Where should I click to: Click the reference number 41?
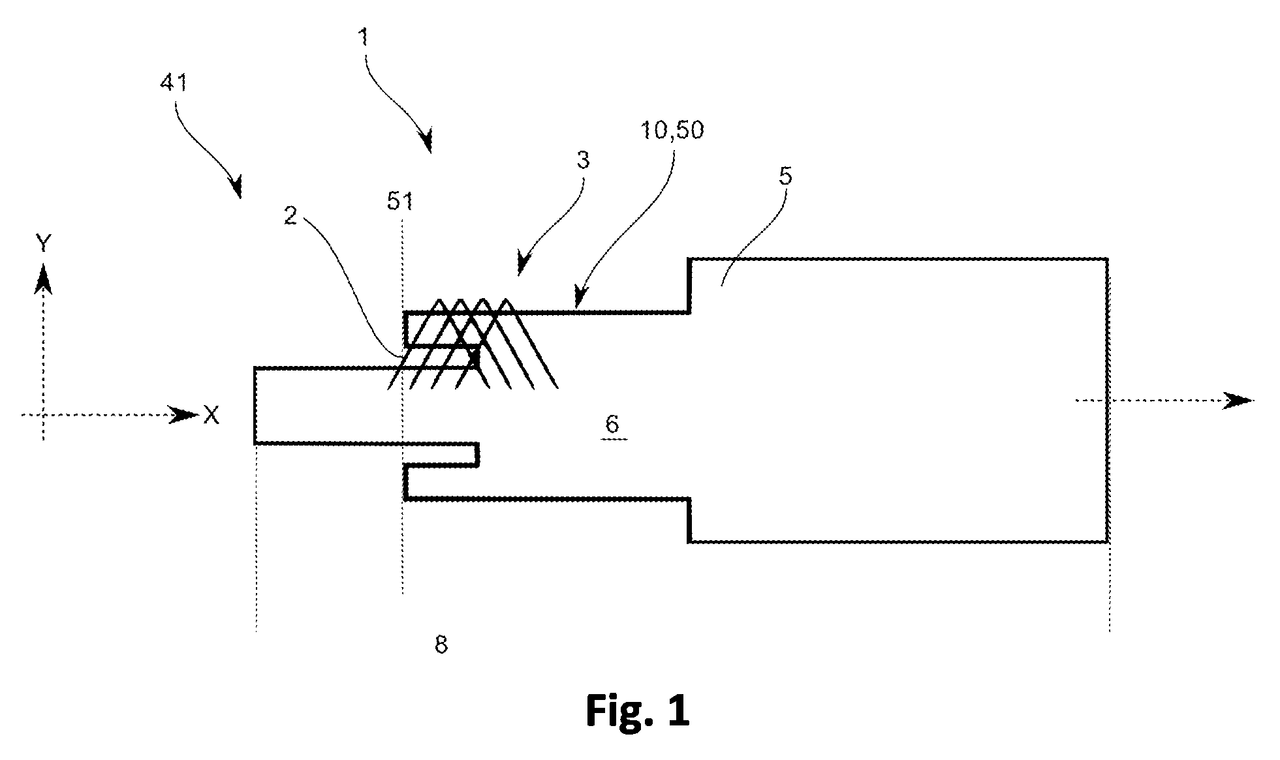point(172,85)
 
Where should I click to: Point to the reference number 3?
point(583,160)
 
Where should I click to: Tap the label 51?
point(399,202)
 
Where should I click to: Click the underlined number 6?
point(612,425)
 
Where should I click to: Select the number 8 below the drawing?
point(441,645)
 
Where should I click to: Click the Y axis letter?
point(43,244)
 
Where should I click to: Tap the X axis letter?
point(211,415)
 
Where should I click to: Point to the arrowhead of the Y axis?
point(43,277)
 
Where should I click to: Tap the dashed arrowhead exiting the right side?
point(1238,400)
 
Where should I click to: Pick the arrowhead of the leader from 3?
point(523,264)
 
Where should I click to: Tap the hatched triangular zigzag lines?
point(473,344)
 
